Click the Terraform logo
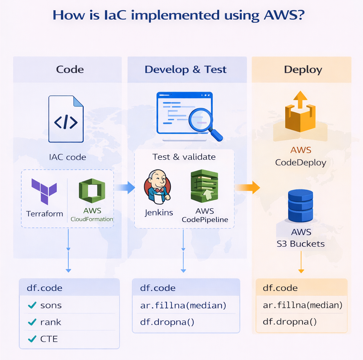click(44, 191)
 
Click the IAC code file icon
click(66, 119)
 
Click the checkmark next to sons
click(32, 305)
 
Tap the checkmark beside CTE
click(32, 339)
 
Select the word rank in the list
click(51, 322)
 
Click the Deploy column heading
click(303, 70)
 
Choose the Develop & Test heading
click(186, 70)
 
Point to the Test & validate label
click(184, 157)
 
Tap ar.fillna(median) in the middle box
click(183, 305)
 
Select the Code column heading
click(70, 70)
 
